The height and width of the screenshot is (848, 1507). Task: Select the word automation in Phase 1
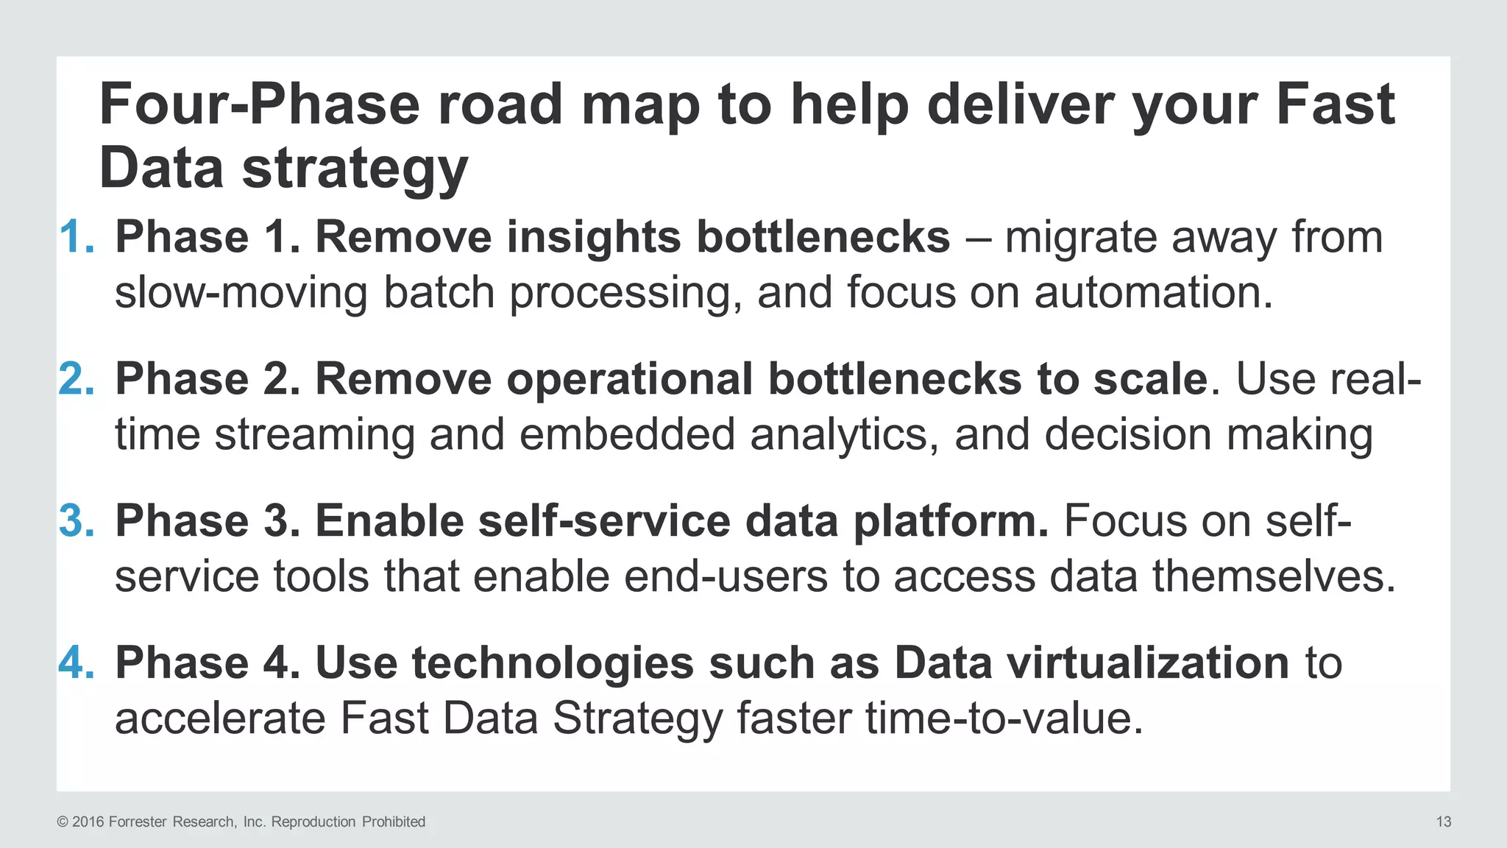coord(1153,292)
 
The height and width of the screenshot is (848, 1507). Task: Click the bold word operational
coord(629,380)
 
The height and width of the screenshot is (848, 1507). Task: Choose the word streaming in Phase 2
coord(314,434)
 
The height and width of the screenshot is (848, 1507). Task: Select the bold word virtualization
coord(1147,662)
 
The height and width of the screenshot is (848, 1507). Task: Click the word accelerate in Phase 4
coord(220,718)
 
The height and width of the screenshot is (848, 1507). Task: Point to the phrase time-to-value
coord(1004,718)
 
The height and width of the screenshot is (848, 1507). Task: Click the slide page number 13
coord(1443,821)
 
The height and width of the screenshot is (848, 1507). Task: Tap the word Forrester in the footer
coord(138,821)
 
